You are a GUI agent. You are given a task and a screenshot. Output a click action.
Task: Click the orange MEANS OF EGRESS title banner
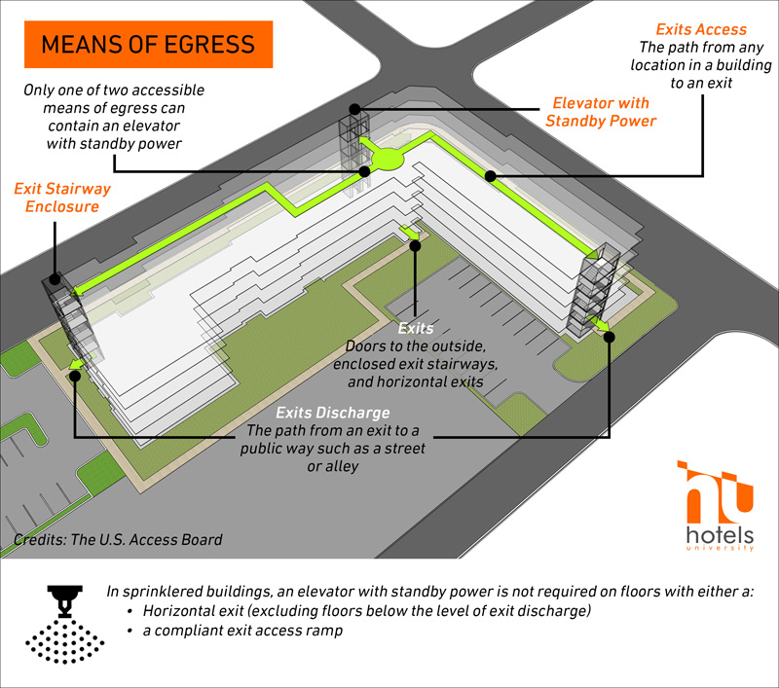click(149, 44)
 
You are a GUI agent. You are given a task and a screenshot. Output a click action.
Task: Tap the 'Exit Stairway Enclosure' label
click(62, 198)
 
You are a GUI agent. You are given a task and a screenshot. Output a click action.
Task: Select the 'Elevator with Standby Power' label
click(601, 112)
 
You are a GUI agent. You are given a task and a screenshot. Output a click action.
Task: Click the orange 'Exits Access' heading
click(701, 29)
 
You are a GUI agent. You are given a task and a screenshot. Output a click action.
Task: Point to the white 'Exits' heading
click(416, 328)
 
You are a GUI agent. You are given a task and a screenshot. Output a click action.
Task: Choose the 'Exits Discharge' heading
click(332, 413)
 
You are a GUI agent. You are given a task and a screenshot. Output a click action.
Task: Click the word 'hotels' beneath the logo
click(720, 535)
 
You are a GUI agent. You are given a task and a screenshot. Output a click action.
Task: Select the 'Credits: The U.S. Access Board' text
click(118, 539)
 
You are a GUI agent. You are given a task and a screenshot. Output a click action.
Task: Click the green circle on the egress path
click(388, 158)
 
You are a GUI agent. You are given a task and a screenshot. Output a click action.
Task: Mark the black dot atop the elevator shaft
click(354, 109)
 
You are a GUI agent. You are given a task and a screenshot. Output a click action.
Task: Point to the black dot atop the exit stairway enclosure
click(56, 279)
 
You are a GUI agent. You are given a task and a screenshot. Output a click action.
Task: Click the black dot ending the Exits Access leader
click(491, 176)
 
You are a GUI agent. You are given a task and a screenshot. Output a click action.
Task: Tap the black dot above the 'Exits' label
click(415, 245)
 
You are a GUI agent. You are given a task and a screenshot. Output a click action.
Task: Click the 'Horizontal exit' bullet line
click(367, 610)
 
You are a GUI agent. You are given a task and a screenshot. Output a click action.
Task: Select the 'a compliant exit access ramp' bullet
click(242, 631)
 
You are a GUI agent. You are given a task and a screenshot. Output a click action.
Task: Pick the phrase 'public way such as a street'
click(332, 449)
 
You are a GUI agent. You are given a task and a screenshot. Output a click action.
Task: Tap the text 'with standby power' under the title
click(114, 143)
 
